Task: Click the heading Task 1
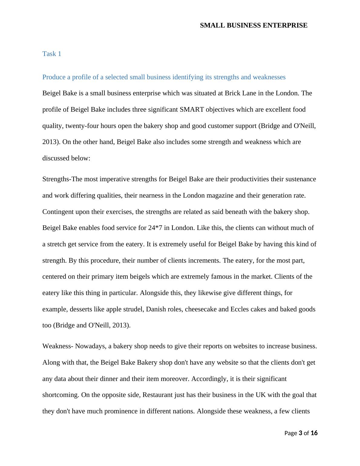coord(52,54)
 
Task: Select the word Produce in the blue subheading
coord(53,77)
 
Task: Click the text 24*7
coord(155,228)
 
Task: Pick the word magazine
coord(220,195)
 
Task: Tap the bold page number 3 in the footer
coord(300,433)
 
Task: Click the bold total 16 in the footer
coord(314,433)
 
